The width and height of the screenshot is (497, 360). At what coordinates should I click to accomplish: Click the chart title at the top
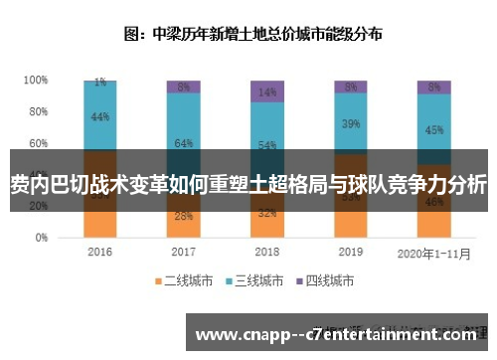coord(254,33)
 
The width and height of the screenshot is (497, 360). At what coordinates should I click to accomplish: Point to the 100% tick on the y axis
coord(36,80)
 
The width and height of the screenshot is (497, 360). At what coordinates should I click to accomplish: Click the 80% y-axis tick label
coord(38,111)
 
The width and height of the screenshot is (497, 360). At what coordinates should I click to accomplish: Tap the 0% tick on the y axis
coord(41,239)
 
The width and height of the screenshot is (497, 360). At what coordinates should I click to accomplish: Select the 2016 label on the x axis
coord(100,252)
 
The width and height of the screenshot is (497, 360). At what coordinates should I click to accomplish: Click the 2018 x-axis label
coord(267,252)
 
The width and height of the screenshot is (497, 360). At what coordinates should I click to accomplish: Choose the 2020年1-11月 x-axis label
coord(433,252)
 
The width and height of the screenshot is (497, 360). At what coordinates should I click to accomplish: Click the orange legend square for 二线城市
coord(158,281)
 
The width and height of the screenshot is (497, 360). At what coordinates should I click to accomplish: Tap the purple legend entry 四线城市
coord(331,281)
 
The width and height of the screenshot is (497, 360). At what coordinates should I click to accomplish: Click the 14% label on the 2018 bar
coord(267,91)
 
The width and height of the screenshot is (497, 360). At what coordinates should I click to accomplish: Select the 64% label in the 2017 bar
coord(184,143)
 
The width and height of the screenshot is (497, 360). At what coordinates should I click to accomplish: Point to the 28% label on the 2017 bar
coord(184,216)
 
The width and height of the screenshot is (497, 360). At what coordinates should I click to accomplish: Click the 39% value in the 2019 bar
coord(351,124)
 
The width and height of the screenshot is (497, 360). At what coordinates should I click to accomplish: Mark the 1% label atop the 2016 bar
coord(100,83)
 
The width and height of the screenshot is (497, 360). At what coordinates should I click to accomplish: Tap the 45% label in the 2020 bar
coord(434,129)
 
